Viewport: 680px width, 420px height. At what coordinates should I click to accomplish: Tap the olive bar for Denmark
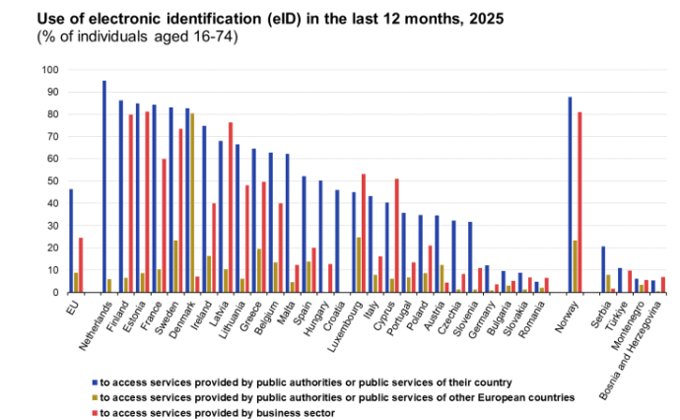point(192,203)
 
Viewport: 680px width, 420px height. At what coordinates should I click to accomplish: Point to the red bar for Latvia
point(231,207)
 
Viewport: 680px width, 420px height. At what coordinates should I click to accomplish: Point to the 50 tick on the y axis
point(52,181)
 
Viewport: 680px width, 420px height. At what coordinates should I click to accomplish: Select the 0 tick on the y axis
point(55,293)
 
